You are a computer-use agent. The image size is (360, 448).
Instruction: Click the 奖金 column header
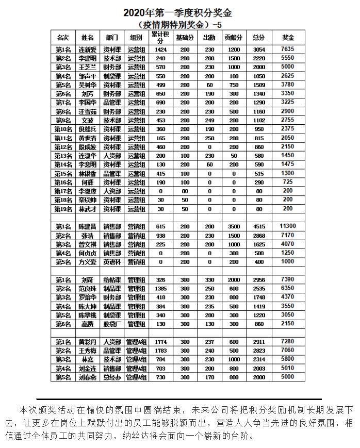pyautogui.click(x=288, y=38)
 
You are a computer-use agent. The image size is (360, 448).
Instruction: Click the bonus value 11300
pyautogui.click(x=288, y=226)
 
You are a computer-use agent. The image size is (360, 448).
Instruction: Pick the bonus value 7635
pyautogui.click(x=288, y=49)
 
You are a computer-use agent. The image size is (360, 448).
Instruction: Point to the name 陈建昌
pyautogui.click(x=88, y=227)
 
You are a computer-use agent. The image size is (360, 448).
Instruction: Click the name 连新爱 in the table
pyautogui.click(x=88, y=49)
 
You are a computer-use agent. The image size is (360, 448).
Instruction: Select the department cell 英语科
pyautogui.click(x=112, y=262)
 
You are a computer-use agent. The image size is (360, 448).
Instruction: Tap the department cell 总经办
pyautogui.click(x=112, y=377)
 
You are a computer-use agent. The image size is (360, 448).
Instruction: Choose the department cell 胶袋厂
pyautogui.click(x=112, y=324)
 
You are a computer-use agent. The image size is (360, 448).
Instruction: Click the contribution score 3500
pyautogui.click(x=234, y=227)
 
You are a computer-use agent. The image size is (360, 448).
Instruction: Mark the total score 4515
pyautogui.click(x=259, y=227)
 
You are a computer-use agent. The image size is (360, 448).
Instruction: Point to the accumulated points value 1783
pyautogui.click(x=160, y=351)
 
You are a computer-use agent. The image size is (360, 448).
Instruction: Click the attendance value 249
pyautogui.click(x=209, y=120)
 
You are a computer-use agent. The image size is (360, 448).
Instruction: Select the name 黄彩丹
pyautogui.click(x=88, y=342)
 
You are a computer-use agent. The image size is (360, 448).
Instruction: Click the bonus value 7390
pyautogui.click(x=288, y=279)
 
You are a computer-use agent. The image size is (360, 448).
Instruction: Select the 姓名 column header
pyautogui.click(x=88, y=38)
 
